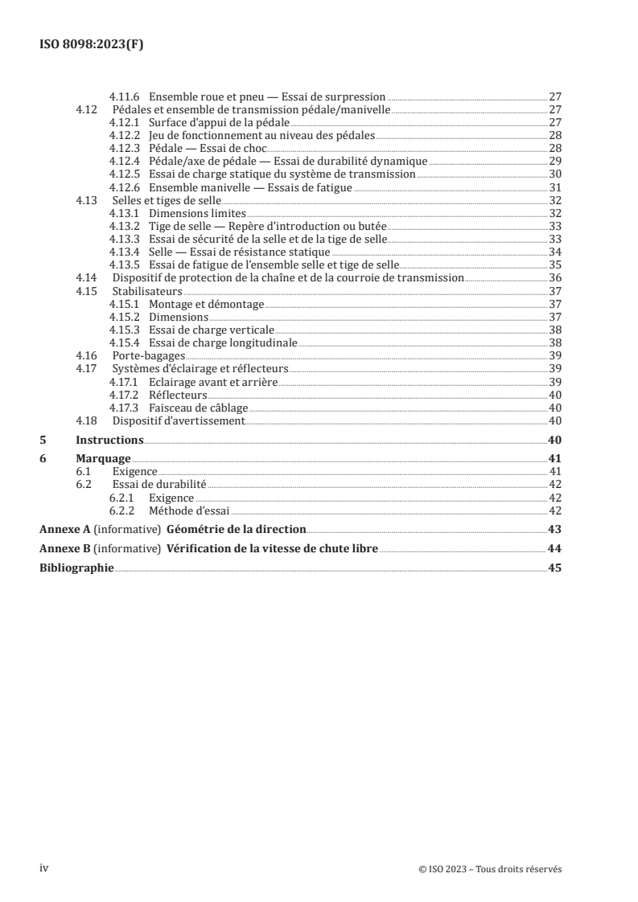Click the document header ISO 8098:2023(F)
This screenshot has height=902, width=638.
coord(91,46)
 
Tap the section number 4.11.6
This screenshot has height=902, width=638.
coord(125,96)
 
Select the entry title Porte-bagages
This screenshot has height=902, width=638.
coord(138,355)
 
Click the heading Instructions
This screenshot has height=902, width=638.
coord(109,441)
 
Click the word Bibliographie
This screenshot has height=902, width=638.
coord(77,568)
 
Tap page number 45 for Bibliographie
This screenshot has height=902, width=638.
coord(555,568)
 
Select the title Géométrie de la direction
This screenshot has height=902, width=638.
coord(236,530)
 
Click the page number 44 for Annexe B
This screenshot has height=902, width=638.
coord(555,549)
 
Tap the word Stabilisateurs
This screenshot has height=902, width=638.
coord(147,291)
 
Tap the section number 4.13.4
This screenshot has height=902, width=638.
coord(125,252)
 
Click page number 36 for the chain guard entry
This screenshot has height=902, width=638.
coord(555,278)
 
